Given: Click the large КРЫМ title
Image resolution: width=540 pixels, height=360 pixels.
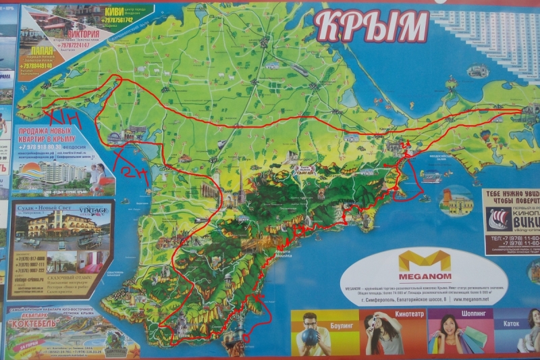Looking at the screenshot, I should (x=371, y=26).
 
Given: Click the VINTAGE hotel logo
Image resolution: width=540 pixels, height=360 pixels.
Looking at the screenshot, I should (x=94, y=211).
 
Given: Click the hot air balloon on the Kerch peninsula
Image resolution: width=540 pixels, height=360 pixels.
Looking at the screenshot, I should (x=486, y=136).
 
